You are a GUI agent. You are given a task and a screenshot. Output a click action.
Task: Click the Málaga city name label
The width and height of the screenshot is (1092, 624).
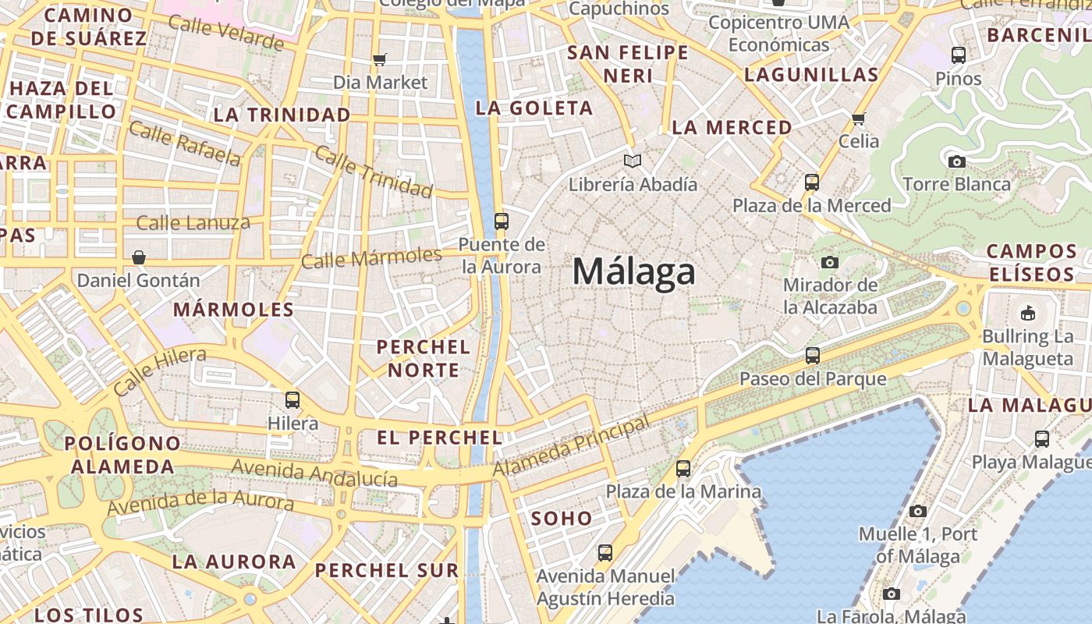tap(633, 271)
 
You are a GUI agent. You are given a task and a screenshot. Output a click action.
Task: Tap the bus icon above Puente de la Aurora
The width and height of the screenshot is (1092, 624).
tap(502, 221)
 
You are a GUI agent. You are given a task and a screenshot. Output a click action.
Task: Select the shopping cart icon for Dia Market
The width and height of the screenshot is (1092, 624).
tap(380, 59)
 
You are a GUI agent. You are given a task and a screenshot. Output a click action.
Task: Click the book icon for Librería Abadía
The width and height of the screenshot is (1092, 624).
tap(633, 161)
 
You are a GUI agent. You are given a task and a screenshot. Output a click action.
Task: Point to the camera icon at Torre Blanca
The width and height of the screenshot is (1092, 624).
tap(956, 161)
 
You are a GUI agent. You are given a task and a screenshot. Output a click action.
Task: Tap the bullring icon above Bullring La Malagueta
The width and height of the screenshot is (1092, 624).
tap(1027, 314)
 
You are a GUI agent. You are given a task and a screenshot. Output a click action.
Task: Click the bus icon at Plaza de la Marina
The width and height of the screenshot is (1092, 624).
tap(683, 468)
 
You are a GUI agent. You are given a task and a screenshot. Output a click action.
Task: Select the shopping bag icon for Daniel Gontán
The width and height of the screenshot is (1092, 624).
tap(139, 257)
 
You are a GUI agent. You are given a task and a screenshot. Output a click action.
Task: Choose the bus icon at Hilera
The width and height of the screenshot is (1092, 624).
tap(292, 400)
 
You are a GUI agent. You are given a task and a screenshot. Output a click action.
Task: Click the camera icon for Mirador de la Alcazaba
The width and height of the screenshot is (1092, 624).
tap(830, 262)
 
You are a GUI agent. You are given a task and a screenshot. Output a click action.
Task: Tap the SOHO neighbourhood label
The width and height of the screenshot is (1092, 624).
tap(562, 518)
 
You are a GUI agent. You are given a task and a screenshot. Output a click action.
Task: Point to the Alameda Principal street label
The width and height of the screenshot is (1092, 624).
tap(571, 447)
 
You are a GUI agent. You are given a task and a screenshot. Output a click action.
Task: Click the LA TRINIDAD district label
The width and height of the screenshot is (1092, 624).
tap(282, 115)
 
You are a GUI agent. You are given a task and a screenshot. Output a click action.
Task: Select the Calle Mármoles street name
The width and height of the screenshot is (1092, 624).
tap(371, 257)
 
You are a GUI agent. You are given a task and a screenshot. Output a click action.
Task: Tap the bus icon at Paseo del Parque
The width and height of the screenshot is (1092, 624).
tap(813, 356)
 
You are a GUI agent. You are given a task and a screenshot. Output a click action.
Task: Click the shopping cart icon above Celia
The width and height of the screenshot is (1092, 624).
tap(859, 119)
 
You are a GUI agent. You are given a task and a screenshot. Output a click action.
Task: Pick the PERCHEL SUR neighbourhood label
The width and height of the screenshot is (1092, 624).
tap(387, 570)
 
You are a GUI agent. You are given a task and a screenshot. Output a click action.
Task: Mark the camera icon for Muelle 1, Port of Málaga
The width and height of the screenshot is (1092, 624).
tap(918, 511)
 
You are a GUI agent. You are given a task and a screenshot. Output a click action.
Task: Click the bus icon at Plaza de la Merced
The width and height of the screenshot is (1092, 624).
tap(812, 183)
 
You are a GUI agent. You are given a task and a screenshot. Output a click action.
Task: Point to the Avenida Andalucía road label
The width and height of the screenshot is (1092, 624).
tap(315, 473)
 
